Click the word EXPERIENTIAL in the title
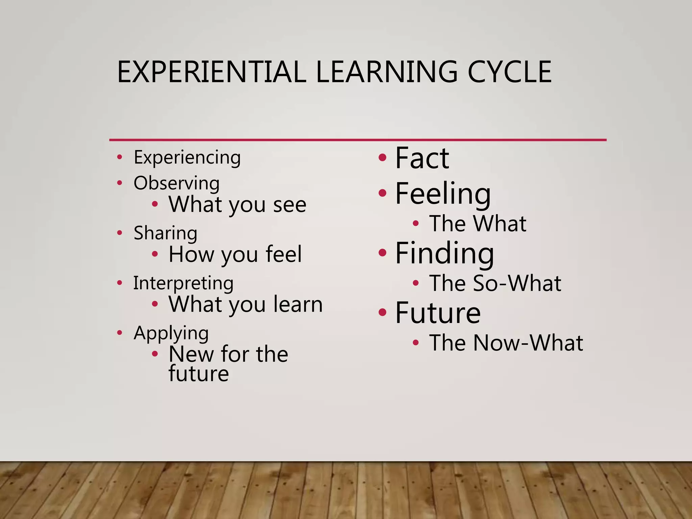(212, 72)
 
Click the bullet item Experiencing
(187, 157)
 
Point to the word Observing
(176, 183)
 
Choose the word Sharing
(165, 233)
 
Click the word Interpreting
(183, 283)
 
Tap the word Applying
(171, 333)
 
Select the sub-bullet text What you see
(237, 204)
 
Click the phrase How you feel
(235, 254)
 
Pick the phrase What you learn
(246, 304)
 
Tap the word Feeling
(443, 194)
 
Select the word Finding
(445, 253)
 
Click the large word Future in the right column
(438, 313)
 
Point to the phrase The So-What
(495, 283)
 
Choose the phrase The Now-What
(506, 343)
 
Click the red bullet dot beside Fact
(382, 157)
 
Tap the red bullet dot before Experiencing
(119, 157)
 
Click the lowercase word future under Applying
(199, 374)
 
